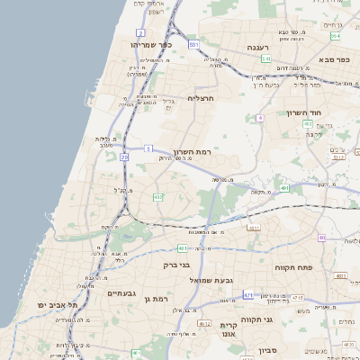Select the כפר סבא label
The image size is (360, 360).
(333, 59)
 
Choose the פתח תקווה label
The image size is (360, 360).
(293, 267)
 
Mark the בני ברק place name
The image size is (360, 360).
(176, 265)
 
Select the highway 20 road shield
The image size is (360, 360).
(124, 157)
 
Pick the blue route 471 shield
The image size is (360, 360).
(247, 294)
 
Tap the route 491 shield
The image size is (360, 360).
(284, 188)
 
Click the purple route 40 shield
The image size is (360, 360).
(322, 238)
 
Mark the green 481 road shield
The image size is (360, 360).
(183, 247)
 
